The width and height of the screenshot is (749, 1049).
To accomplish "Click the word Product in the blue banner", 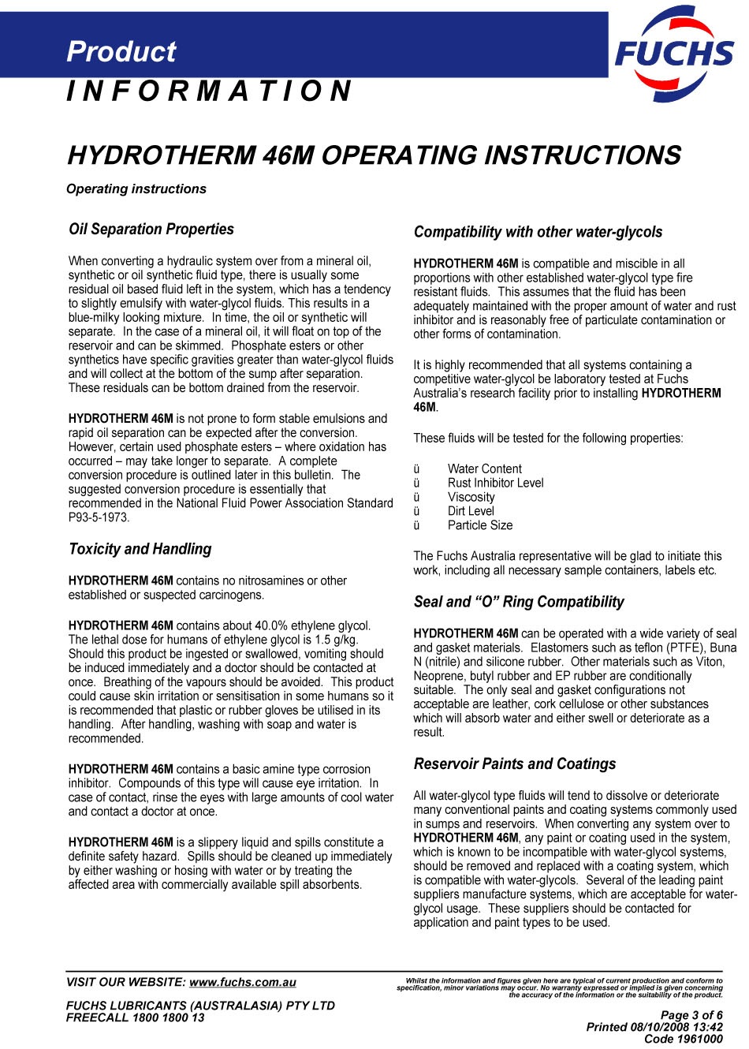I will point(121,52).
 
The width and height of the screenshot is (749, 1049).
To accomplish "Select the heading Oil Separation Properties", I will point(151,230).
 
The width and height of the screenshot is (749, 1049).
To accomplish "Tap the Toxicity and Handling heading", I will point(140,550).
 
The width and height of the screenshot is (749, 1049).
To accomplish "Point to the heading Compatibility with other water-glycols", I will point(538,233).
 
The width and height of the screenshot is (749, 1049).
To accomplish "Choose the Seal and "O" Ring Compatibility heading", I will point(519,603).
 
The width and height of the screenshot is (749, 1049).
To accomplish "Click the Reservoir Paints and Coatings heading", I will point(515,764).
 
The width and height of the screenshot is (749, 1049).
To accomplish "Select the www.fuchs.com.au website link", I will point(243,983).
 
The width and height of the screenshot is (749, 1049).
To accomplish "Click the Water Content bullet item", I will point(485,469).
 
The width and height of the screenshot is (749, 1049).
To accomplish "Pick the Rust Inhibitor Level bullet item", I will point(496,483).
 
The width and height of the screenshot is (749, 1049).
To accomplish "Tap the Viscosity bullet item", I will point(471,498).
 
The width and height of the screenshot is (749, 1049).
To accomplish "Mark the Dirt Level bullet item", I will point(471,512).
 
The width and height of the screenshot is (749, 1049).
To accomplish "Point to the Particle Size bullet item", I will point(480,526).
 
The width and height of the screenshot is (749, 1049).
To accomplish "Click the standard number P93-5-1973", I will point(99,518).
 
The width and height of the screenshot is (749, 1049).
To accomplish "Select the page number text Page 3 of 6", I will point(691,1016).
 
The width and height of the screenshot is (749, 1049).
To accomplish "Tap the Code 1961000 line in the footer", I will point(683,1040).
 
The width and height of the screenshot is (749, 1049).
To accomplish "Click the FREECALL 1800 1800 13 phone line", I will point(136,1018).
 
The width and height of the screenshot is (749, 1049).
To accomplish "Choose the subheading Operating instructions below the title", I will point(136,189).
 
